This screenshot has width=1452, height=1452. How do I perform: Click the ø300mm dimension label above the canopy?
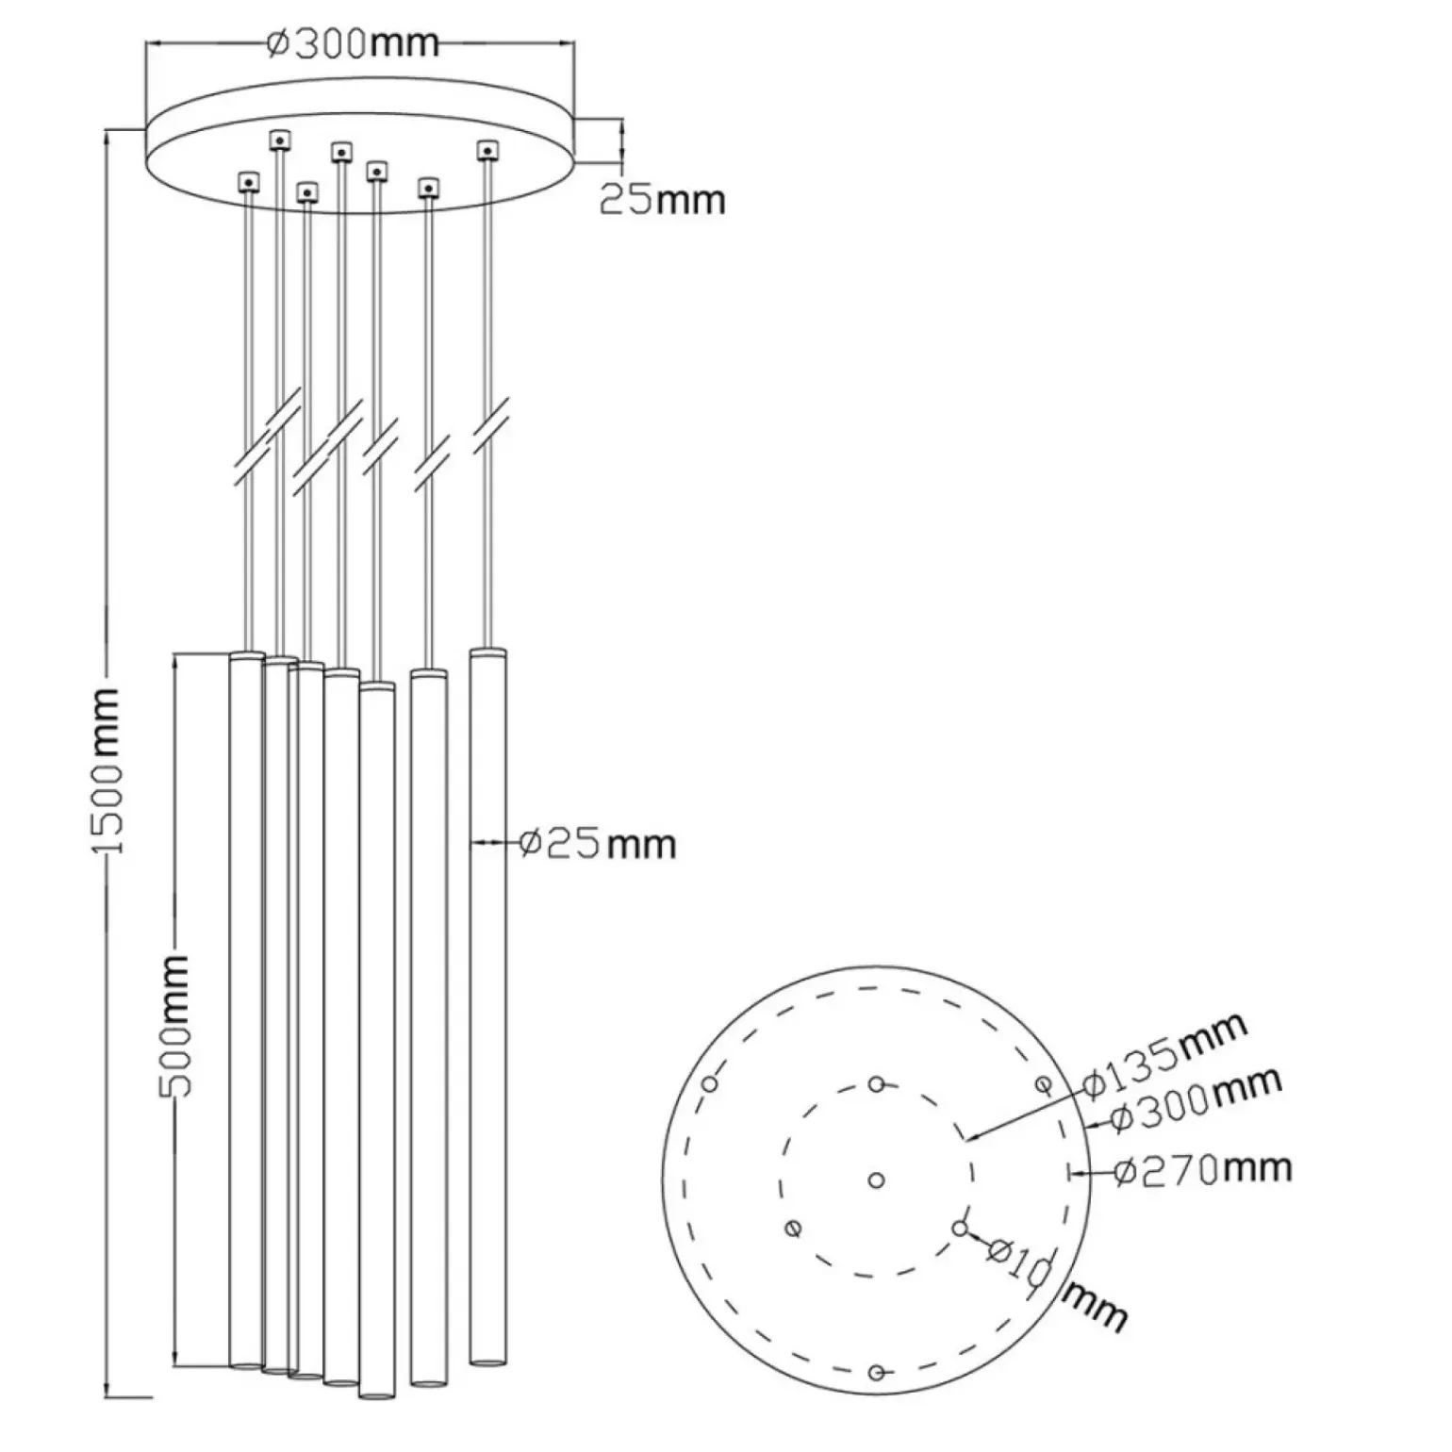click(353, 42)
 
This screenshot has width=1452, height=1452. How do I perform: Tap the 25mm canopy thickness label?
click(663, 199)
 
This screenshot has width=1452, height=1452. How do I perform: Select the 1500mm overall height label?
click(107, 770)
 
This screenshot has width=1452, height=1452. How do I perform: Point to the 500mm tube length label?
click(175, 1025)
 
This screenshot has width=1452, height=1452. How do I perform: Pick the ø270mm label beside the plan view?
click(1202, 1169)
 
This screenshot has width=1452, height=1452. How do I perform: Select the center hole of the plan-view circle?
click(876, 1180)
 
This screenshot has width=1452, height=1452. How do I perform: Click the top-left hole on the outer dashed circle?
click(710, 1083)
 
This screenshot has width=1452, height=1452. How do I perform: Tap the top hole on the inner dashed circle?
click(877, 1083)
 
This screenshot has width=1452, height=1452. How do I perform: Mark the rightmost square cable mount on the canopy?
click(487, 150)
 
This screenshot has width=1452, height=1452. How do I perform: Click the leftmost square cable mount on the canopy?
click(248, 180)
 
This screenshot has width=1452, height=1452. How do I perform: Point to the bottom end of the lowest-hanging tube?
click(376, 1393)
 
